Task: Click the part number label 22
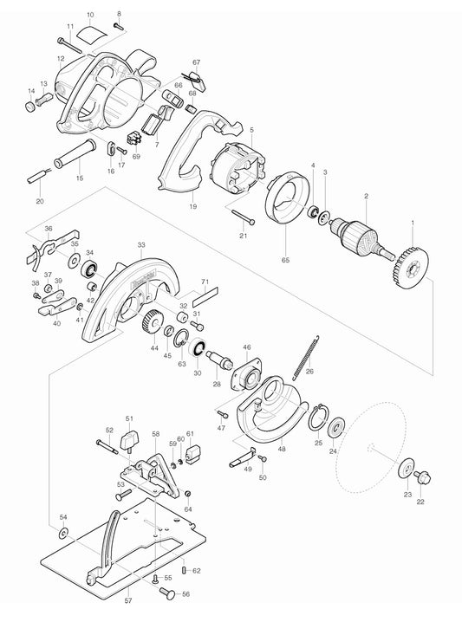pyautogui.click(x=421, y=501)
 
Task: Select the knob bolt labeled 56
pyautogui.click(x=166, y=593)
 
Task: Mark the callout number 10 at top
pyautogui.click(x=89, y=15)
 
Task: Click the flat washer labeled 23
pyautogui.click(x=405, y=471)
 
